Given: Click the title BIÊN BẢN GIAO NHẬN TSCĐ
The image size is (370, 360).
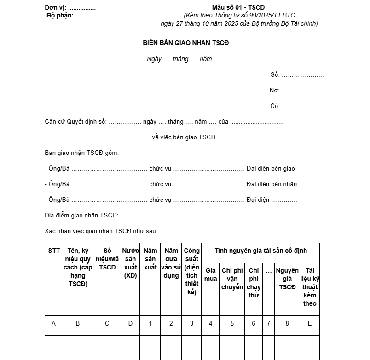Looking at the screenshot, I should tap(185, 43).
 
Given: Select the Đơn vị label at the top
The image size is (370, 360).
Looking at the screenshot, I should tap(56, 7).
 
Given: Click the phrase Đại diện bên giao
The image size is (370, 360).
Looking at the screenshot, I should tap(271, 169).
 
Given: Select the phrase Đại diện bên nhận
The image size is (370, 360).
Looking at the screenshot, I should tap(272, 184).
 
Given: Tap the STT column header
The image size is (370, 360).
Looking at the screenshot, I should tap(53, 251).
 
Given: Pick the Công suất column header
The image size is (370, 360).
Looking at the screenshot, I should tap(191, 271).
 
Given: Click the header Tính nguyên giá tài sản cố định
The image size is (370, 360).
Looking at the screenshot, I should tap(260, 251).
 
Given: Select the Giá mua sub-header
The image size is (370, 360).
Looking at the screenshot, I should tap(210, 274).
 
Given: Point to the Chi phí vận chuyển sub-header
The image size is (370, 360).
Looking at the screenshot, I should tap(232, 279).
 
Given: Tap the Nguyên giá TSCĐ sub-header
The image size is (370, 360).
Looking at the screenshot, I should tap(287, 279).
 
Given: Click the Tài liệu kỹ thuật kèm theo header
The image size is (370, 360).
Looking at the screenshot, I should tap(310, 287).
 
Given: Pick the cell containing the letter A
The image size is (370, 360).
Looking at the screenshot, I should tap(53, 324).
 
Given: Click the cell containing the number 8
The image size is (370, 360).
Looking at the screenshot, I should tap(287, 324).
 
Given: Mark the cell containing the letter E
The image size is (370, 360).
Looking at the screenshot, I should tap(310, 324).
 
